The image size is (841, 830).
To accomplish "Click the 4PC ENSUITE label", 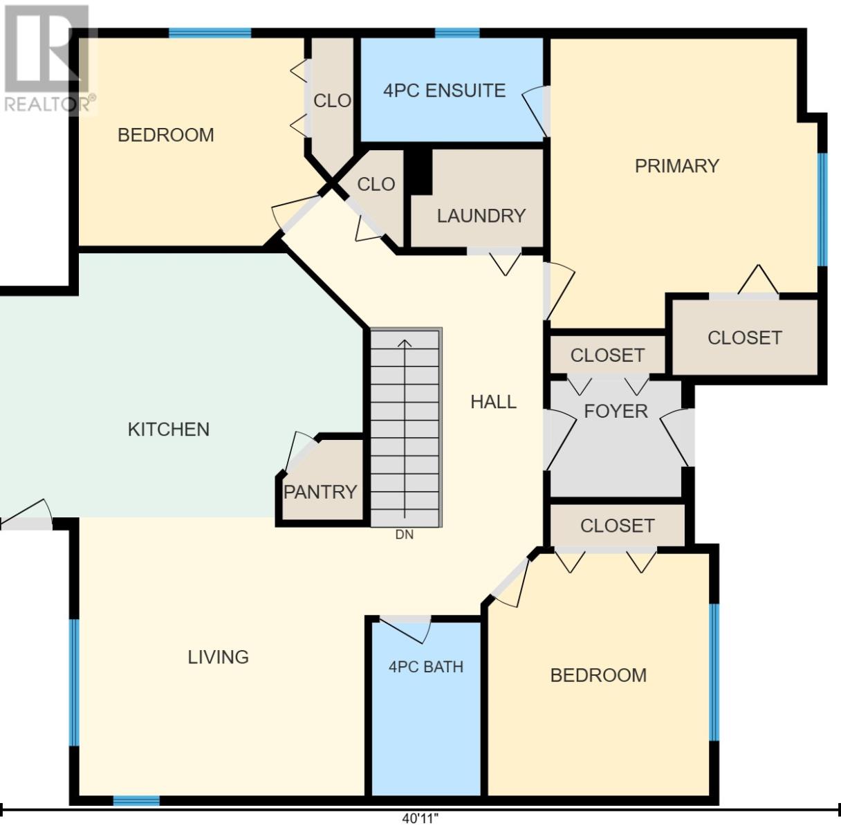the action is coord(444,91).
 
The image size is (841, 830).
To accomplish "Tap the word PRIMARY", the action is coord(677,166).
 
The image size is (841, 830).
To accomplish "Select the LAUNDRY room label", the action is coord(481,216).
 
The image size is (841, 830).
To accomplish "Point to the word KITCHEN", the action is coord(169,430).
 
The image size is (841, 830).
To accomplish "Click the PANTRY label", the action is coord(320,492).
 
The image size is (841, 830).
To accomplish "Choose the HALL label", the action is coord(494,402).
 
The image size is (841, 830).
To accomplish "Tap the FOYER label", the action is coord(616,412).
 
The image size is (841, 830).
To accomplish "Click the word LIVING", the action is coord(219,657).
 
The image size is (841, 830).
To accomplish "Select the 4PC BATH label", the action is coord(426,667).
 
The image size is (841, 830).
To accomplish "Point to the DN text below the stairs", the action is coord(405,535).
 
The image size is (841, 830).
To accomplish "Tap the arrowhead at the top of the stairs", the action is coord(405,343).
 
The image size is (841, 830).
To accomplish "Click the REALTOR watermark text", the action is coord(49,104).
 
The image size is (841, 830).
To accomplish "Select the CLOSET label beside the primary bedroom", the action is coord(745,338).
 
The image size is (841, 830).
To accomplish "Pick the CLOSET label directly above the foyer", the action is coord(607,356).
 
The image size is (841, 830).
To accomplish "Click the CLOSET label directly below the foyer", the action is coord(618,526).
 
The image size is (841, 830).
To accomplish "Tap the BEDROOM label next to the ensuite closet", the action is coord(166,136).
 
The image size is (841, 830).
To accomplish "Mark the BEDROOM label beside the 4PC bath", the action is coord(598,676).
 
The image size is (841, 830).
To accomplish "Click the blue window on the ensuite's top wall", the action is coord(457,33).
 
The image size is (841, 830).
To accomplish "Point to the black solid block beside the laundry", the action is coord(418,171).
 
